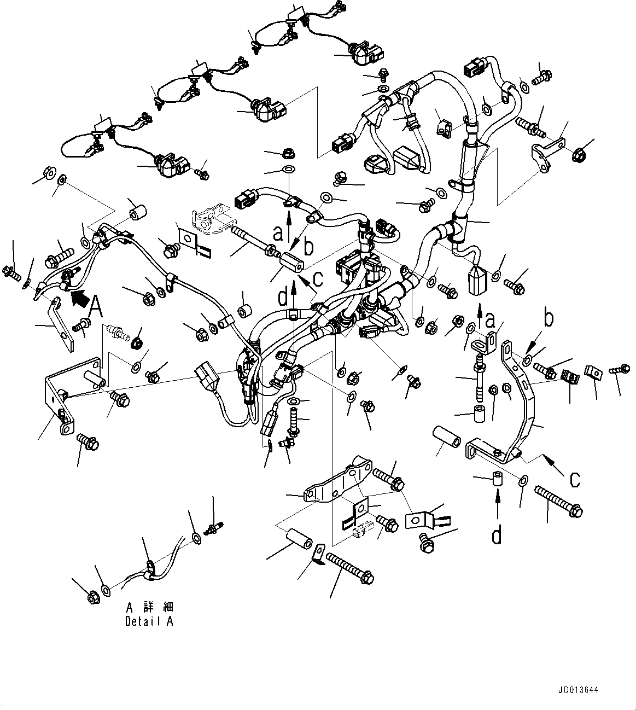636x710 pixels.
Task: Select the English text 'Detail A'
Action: (149, 621)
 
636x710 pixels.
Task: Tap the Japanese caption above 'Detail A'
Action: (149, 608)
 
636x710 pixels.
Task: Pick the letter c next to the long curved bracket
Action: (574, 479)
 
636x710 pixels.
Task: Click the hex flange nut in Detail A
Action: (92, 597)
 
